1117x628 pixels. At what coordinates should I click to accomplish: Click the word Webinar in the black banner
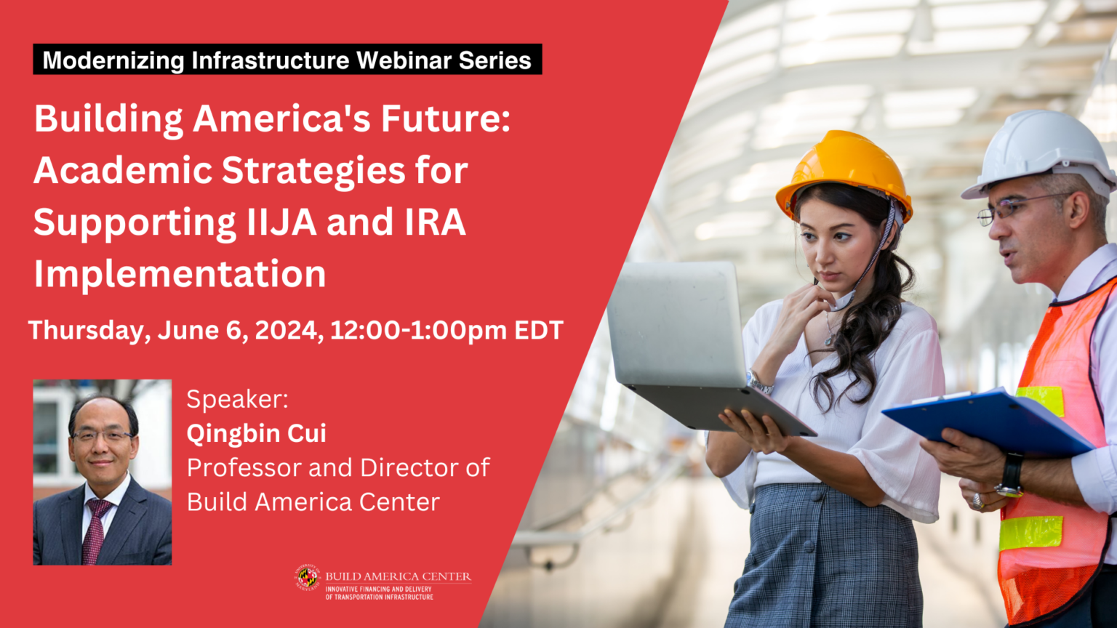[403, 60]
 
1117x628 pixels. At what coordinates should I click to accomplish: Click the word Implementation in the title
[180, 273]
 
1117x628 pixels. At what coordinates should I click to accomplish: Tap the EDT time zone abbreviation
[539, 330]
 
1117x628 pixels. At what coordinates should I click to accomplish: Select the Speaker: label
[237, 399]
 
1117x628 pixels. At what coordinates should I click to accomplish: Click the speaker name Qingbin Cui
[256, 433]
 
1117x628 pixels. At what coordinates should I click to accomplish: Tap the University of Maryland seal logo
[307, 578]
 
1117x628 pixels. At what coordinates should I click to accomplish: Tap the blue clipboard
[990, 421]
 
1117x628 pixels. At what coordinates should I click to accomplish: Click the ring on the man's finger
[978, 502]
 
